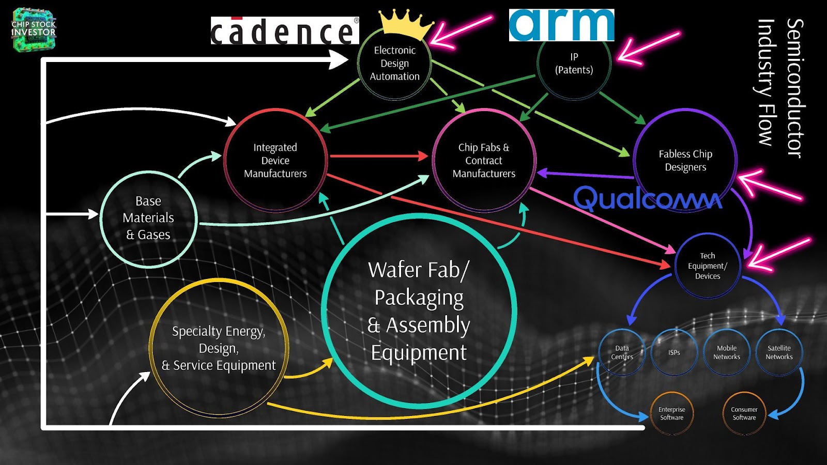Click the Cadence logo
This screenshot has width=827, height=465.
(285, 30)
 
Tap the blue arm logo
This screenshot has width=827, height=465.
(561, 25)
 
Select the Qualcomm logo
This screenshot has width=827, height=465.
(648, 198)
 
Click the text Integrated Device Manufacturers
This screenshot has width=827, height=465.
(275, 161)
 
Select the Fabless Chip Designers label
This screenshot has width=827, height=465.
(685, 161)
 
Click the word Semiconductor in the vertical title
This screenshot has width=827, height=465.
(795, 88)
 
